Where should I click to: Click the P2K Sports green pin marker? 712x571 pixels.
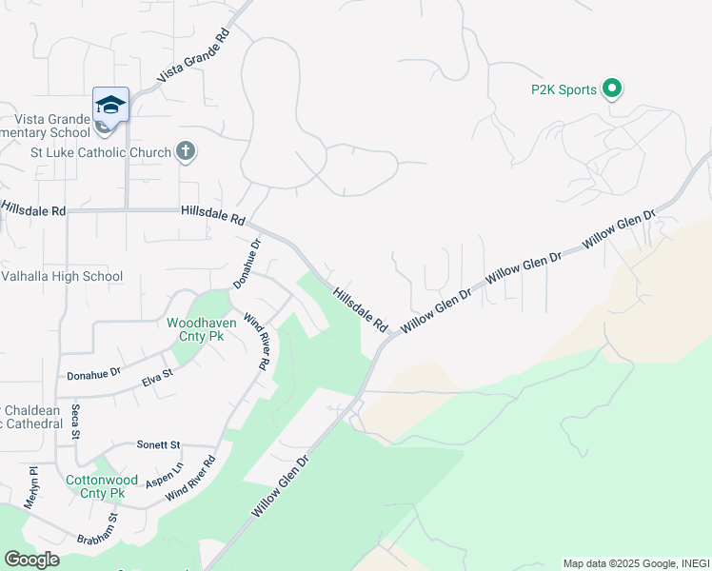tap(612, 89)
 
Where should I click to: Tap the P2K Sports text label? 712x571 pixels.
tap(564, 90)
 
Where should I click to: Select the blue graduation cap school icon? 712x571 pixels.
tap(110, 106)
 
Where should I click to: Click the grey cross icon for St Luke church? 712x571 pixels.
tap(186, 152)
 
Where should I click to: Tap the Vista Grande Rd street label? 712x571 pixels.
tap(194, 54)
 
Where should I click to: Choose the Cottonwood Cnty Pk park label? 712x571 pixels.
tap(95, 486)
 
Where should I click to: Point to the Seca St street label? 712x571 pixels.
tap(75, 422)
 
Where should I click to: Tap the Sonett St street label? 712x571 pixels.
tap(158, 444)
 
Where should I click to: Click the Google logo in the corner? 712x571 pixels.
tap(31, 559)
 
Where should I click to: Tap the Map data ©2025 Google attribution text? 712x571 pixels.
tap(636, 563)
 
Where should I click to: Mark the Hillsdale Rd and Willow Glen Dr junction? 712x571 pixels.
tap(389, 337)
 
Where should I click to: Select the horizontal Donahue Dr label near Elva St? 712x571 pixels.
tap(93, 375)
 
